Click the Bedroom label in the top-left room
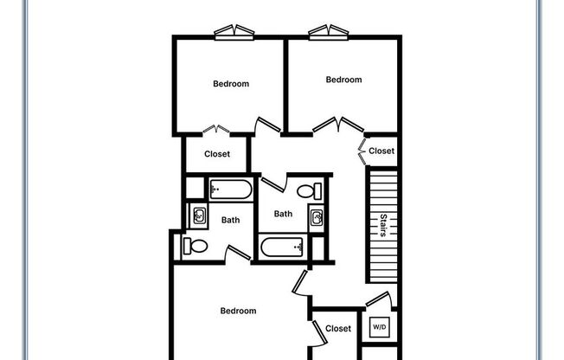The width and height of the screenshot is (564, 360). click(231, 84)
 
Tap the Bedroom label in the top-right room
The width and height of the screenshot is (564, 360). click(343, 80)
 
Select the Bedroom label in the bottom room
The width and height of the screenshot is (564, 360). click(238, 311)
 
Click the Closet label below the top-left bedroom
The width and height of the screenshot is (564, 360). click(217, 154)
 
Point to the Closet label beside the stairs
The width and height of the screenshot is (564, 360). click(381, 151)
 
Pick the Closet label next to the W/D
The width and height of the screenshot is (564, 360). click(338, 328)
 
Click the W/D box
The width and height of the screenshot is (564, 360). click(379, 328)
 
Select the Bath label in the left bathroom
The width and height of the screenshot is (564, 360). click(230, 220)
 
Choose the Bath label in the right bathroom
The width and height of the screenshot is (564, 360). click(283, 214)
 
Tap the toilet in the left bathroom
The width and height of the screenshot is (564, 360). click(195, 246)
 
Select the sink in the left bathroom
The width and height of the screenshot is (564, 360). click(198, 215)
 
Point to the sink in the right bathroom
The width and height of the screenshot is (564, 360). click(317, 216)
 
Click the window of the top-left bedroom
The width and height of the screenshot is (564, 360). click(235, 32)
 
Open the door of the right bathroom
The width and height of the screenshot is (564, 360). click(272, 184)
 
